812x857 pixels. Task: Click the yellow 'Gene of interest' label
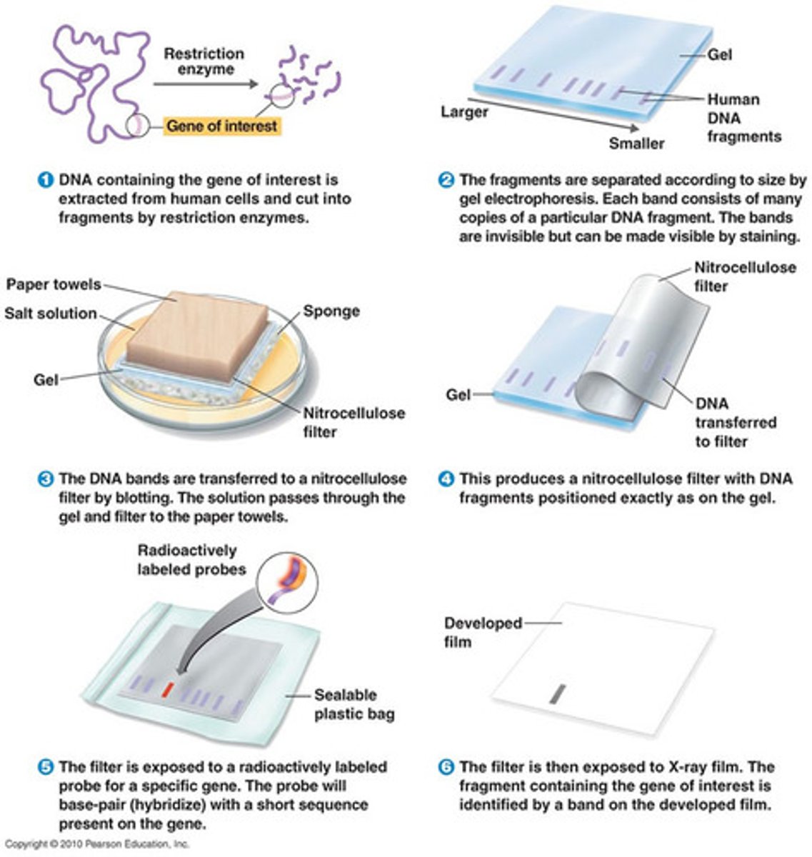click(221, 126)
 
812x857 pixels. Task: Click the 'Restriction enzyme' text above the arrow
click(203, 61)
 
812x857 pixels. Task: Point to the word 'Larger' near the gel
click(464, 112)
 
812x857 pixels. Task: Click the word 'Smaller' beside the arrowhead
click(636, 143)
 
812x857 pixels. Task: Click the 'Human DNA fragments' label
click(743, 118)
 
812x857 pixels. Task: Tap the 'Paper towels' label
click(54, 284)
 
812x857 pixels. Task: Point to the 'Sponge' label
click(331, 311)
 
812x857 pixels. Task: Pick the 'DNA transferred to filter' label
click(735, 422)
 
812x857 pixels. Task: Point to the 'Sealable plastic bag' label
click(354, 704)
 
